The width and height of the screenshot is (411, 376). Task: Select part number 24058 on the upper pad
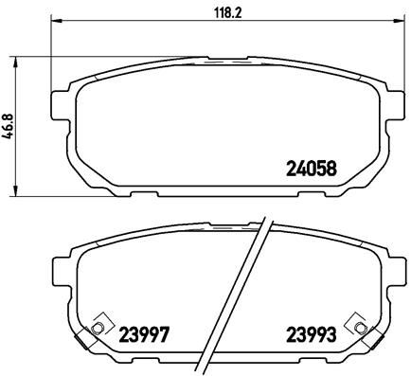coord(312,171)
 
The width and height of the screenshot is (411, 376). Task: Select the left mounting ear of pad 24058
coord(59,104)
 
